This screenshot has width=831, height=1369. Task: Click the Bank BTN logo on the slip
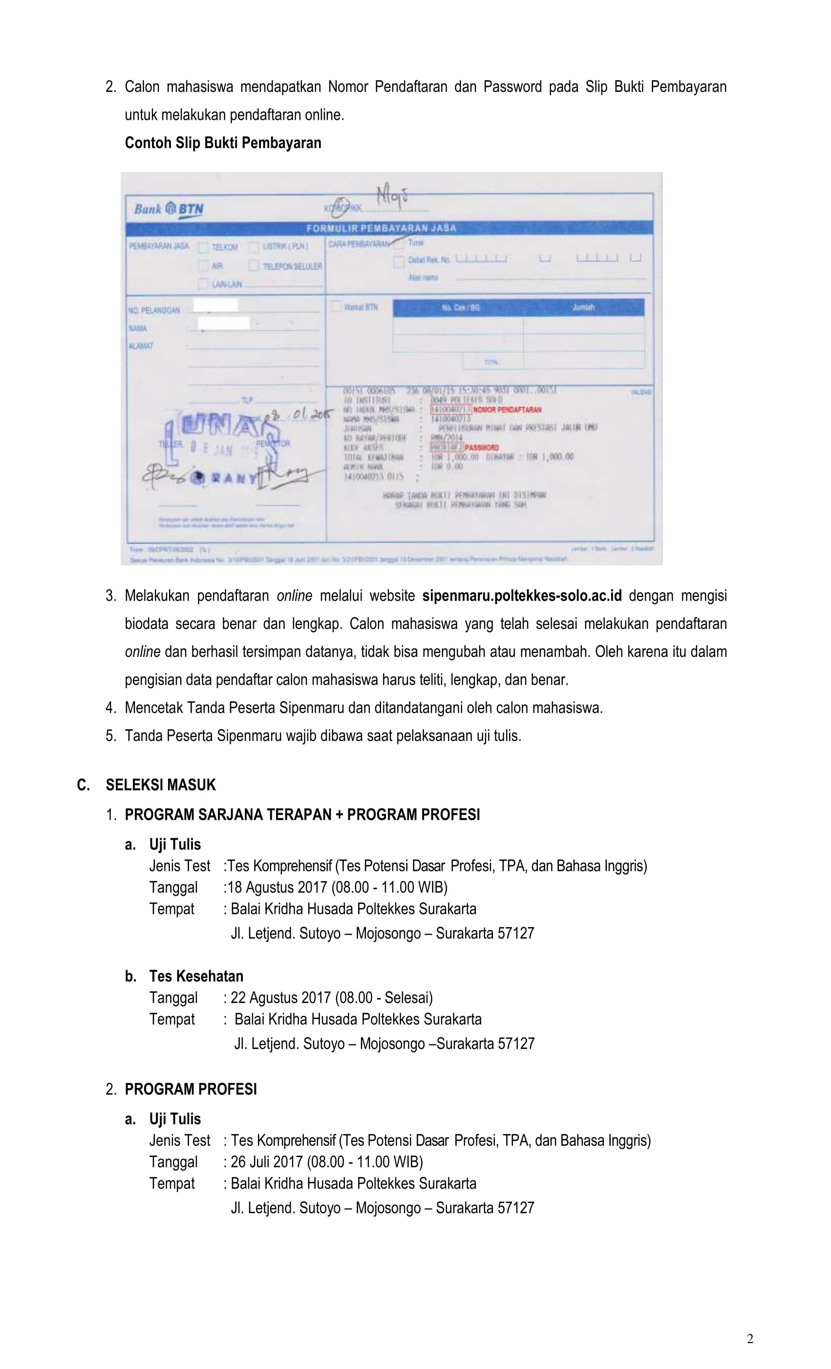(169, 210)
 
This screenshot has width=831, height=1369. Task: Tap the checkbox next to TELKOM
(203, 247)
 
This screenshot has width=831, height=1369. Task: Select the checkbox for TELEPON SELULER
(254, 266)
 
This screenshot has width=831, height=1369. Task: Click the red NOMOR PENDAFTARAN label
(507, 410)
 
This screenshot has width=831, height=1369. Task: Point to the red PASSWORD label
(482, 447)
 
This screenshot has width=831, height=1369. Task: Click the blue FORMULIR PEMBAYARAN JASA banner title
(381, 228)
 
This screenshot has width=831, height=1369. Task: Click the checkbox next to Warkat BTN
(336, 306)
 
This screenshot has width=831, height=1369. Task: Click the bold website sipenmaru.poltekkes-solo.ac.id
(522, 596)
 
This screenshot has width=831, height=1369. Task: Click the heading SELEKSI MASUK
(161, 784)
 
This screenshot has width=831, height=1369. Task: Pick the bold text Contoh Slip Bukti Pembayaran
(223, 143)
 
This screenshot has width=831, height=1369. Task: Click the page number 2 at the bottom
(750, 1339)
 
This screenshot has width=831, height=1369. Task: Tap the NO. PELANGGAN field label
(154, 310)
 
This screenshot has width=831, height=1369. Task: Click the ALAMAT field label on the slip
(141, 346)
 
